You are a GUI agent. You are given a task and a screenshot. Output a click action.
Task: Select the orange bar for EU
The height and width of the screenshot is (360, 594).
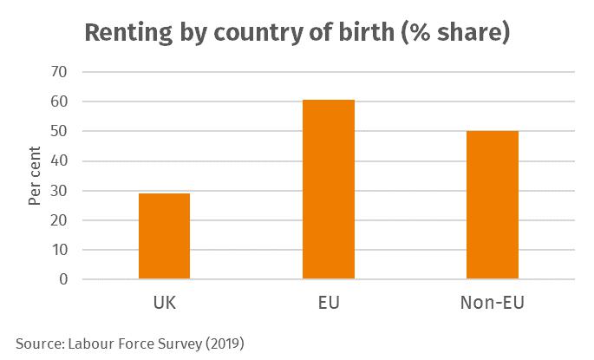(328, 189)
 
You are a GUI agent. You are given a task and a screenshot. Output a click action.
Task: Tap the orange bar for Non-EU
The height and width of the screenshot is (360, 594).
(493, 205)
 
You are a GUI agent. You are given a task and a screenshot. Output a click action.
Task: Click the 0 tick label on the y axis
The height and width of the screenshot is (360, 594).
(63, 279)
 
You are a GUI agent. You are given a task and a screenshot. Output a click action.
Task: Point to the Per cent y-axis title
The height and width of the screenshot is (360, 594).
(34, 175)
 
